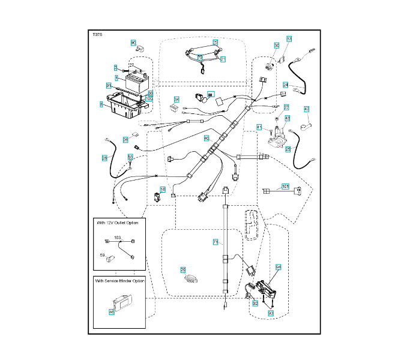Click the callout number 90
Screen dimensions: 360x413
tap(133, 43)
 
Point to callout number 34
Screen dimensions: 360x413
tap(176, 99)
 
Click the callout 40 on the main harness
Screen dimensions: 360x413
tap(206, 139)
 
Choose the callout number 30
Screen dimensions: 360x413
tap(276, 46)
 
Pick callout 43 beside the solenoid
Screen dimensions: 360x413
tap(288, 119)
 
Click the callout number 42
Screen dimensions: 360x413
tap(306, 109)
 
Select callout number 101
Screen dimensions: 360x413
tap(285, 187)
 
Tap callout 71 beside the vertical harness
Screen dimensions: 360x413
tap(216, 242)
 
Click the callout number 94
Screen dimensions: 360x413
tap(278, 266)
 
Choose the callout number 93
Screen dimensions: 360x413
tap(271, 313)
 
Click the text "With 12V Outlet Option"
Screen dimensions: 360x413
tap(117, 223)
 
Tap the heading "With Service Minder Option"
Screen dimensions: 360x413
tap(119, 280)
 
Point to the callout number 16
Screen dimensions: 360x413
tap(162, 190)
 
